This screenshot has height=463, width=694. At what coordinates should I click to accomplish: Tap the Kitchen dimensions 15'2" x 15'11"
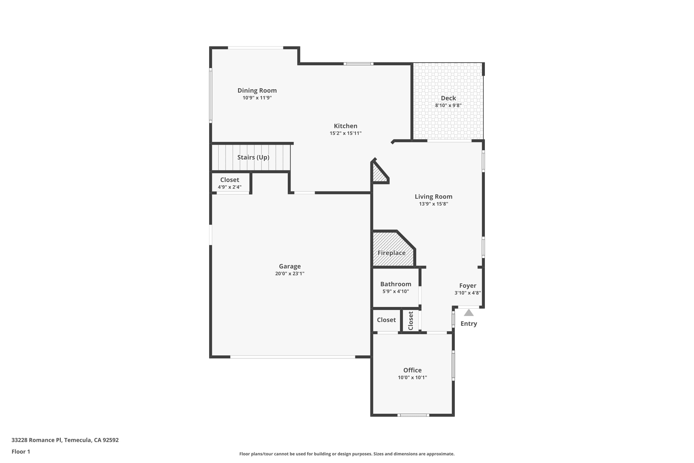coord(346,133)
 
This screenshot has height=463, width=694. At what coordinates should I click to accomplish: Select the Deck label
coord(448,98)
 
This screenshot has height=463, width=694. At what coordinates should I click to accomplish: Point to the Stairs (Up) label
coord(253,157)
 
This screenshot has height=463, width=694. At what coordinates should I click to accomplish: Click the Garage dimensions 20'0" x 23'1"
coord(290,273)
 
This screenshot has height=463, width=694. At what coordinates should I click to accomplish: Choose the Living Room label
coord(434,197)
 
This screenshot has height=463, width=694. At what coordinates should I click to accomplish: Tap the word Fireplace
coord(392,253)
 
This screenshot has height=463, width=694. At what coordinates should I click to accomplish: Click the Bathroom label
coord(396,284)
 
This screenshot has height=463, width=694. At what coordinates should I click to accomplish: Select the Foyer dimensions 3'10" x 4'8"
coord(468,293)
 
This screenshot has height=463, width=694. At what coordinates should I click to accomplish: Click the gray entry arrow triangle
coord(469,313)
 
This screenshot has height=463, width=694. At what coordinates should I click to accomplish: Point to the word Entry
coord(469,324)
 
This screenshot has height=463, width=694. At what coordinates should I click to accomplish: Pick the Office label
coord(412,370)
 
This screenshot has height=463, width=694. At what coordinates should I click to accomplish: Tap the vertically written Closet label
coord(410,321)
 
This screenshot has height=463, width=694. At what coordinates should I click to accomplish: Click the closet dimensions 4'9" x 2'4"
coord(229,187)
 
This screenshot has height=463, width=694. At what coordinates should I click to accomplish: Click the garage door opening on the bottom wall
coord(292,357)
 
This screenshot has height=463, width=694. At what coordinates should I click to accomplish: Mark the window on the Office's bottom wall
coord(413,415)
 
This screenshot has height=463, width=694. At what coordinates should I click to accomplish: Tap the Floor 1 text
coord(21,451)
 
